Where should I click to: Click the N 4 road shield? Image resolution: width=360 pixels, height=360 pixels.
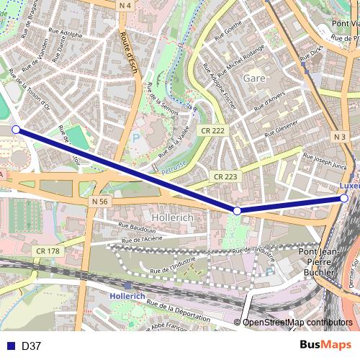pyautogui.click(x=126, y=5)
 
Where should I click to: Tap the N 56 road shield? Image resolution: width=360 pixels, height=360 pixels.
pyautogui.click(x=100, y=202)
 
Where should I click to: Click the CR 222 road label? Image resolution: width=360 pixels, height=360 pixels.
pyautogui.click(x=214, y=130)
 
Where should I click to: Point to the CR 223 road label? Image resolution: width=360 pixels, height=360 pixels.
pyautogui.click(x=225, y=176)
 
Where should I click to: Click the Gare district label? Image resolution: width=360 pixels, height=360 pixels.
pyautogui.click(x=255, y=77)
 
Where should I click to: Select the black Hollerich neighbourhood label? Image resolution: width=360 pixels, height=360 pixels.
pyautogui.click(x=171, y=216)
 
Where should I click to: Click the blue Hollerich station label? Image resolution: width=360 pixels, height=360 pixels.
pyautogui.click(x=127, y=296)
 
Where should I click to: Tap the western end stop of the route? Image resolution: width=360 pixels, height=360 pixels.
pyautogui.click(x=16, y=130)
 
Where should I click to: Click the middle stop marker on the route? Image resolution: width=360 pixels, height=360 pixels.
pyautogui.click(x=237, y=210)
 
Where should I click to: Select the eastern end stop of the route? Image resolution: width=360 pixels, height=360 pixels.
pyautogui.click(x=344, y=198)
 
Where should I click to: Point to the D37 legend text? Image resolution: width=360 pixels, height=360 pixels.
pyautogui.click(x=31, y=346)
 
